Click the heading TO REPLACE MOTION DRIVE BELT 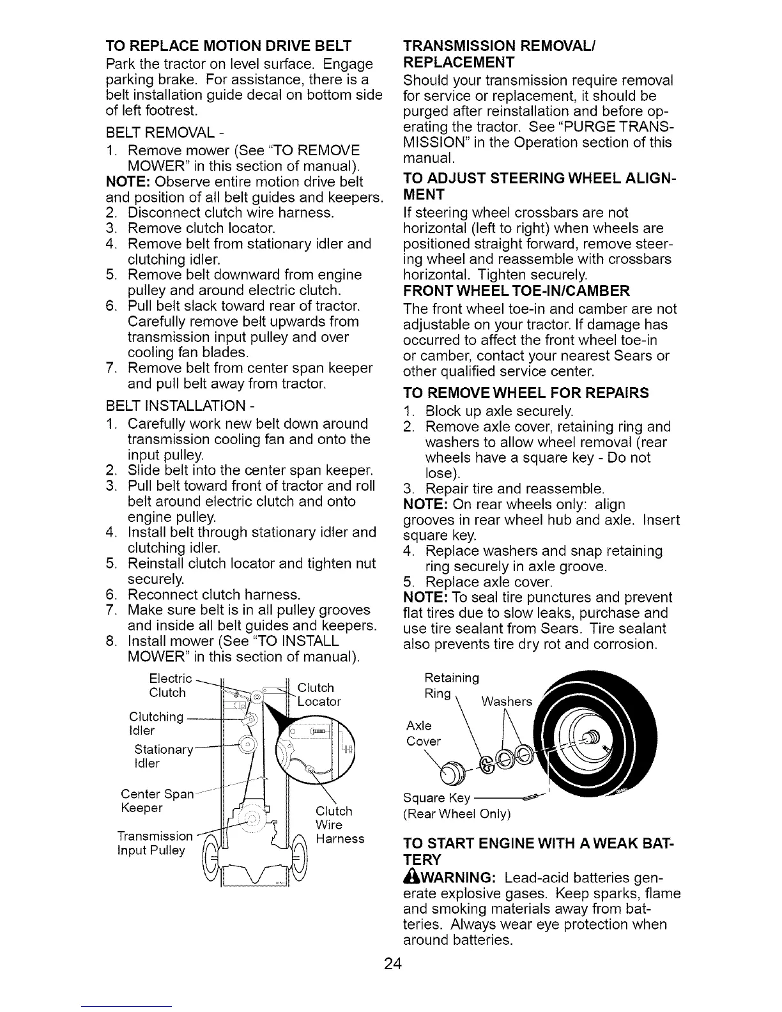click(x=228, y=46)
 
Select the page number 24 click(x=392, y=963)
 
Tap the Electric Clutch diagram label click(x=169, y=685)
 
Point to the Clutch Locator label click(x=319, y=694)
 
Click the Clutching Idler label click(x=156, y=723)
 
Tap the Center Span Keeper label click(x=157, y=801)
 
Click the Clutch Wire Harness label click(x=339, y=824)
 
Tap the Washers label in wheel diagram click(x=507, y=701)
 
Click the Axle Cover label click(x=422, y=733)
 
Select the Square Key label click(x=437, y=798)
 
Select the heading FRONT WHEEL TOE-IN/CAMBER click(x=516, y=291)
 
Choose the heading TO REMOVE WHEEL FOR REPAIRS click(x=526, y=392)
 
